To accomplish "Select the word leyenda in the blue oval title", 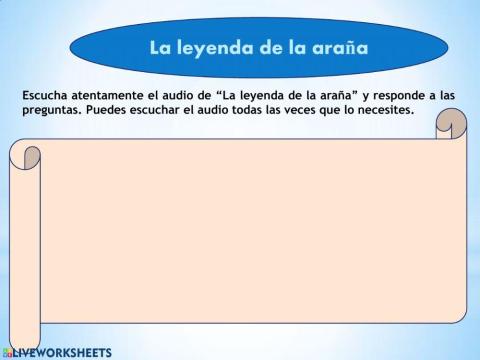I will pyautogui.click(x=211, y=47).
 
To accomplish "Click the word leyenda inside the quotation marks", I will pyautogui.click(x=256, y=95).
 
